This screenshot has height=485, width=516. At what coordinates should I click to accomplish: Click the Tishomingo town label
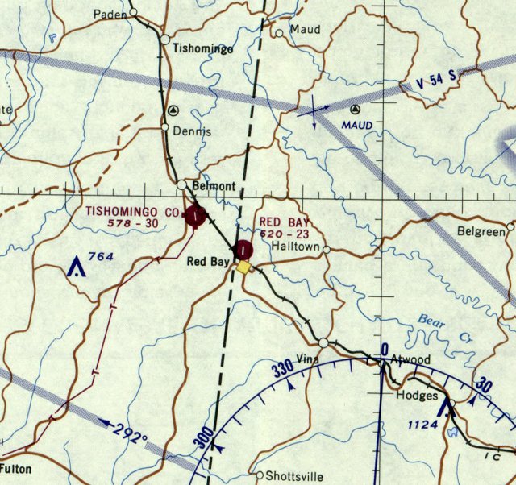pos(203,48)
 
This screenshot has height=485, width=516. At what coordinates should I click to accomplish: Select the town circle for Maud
pos(280,34)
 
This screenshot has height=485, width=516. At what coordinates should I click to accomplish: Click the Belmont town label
pos(214,186)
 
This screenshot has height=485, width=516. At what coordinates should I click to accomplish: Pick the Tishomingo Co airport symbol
pos(194,216)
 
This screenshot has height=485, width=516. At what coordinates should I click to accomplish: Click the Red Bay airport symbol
pos(243,249)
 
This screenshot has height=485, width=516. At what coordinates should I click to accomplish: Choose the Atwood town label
pos(411,359)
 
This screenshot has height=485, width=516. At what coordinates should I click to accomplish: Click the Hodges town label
pos(416,396)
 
